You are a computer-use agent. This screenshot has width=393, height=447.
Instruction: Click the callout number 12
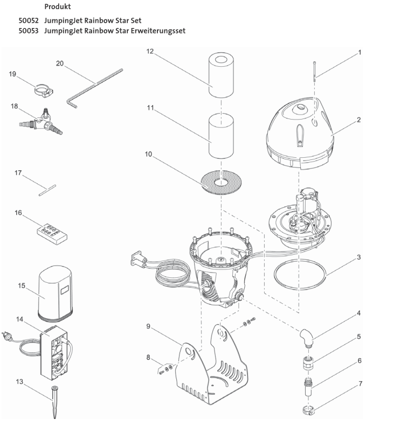point(150,51)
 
